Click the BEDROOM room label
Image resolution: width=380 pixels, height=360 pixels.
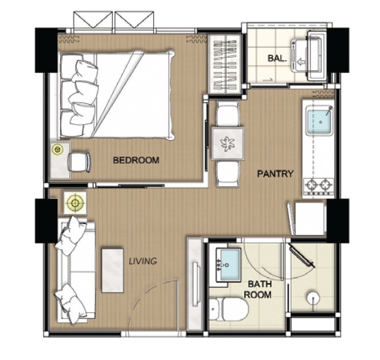click(136, 160)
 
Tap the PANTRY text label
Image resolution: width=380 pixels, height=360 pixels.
click(275, 174)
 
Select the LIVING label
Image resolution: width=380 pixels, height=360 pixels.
click(143, 261)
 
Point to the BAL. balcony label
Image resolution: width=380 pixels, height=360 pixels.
click(277, 58)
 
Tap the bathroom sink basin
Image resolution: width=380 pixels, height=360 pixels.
click(228, 265)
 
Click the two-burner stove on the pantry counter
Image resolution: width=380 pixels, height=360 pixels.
click(318, 186)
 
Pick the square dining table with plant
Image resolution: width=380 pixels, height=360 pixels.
click(227, 144)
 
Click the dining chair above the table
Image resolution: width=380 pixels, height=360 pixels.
click(227, 114)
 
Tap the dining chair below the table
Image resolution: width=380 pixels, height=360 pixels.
click(227, 174)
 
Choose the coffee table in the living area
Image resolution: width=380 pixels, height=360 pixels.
click(112, 270)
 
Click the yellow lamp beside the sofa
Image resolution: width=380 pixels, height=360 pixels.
click(75, 203)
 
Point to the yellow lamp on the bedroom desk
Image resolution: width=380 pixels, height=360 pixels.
click(57, 150)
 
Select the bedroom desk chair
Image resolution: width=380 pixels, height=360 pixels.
click(79, 162)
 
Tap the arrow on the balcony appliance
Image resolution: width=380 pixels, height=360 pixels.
click(301, 62)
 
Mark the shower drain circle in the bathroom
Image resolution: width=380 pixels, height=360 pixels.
click(313, 298)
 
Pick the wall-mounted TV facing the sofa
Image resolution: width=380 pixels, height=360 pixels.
click(196, 284)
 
